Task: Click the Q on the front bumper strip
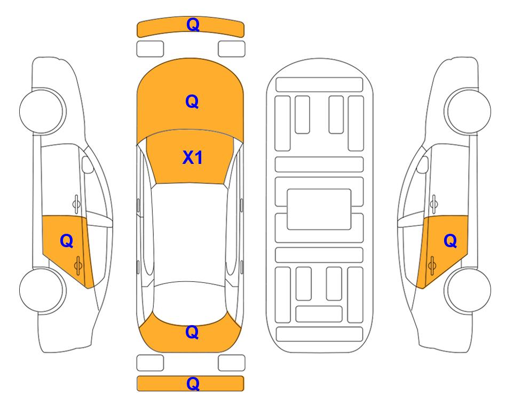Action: pos(193,25)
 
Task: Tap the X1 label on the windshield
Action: pos(193,157)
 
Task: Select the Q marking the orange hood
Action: pos(192,101)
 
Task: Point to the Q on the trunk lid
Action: pos(192,332)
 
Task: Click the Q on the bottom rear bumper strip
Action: pos(193,383)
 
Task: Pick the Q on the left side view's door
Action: pos(67,241)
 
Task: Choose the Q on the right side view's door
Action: pos(450,241)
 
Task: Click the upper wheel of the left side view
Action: pos(43,111)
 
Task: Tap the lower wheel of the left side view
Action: pos(43,290)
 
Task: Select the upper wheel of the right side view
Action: pos(468,111)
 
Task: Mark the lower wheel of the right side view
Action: pos(468,290)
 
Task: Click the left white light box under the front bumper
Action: pos(150,49)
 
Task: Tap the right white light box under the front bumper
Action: pos(232,49)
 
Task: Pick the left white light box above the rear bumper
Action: pos(150,363)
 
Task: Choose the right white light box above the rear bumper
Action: pos(232,363)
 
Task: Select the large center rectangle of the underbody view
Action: pos(319,209)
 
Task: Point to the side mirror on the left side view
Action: pos(87,164)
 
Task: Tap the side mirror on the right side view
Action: pos(423,164)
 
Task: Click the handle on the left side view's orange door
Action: pos(78,265)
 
